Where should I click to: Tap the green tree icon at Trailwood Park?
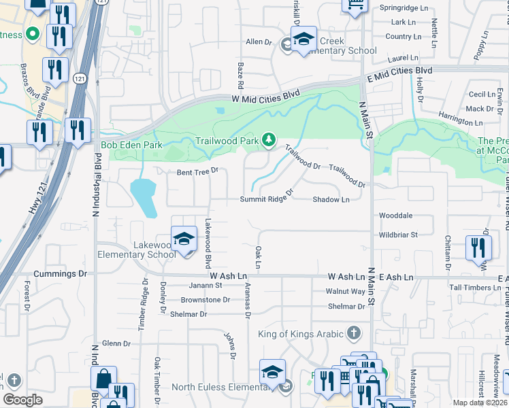click(269, 139)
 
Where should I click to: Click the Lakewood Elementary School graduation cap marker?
click(184, 239)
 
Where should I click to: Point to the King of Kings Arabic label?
click(300, 334)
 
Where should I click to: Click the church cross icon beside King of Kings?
click(353, 333)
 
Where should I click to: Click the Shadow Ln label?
click(331, 200)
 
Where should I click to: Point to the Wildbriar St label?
click(398, 235)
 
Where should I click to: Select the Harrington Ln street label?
click(461, 119)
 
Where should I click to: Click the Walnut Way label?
click(346, 291)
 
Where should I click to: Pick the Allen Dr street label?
click(259, 42)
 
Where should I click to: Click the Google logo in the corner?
click(22, 400)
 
